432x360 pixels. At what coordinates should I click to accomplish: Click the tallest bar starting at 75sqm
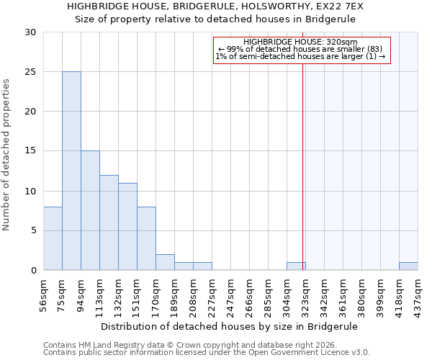[71, 171]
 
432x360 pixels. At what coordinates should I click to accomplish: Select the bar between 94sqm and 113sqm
[90, 210]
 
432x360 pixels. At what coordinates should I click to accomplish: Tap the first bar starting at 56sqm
[53, 238]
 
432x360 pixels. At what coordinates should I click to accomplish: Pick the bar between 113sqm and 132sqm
[109, 222]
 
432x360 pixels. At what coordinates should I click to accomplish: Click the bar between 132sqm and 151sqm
[127, 226]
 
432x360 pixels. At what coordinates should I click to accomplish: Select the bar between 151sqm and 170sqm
[146, 238]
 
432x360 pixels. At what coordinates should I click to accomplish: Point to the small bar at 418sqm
[408, 266]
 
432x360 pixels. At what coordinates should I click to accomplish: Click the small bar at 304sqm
[296, 266]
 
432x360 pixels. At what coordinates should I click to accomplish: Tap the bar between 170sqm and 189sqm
[165, 262]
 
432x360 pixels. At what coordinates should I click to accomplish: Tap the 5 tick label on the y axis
[33, 231]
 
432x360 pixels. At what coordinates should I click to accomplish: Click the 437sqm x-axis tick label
[418, 293]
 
